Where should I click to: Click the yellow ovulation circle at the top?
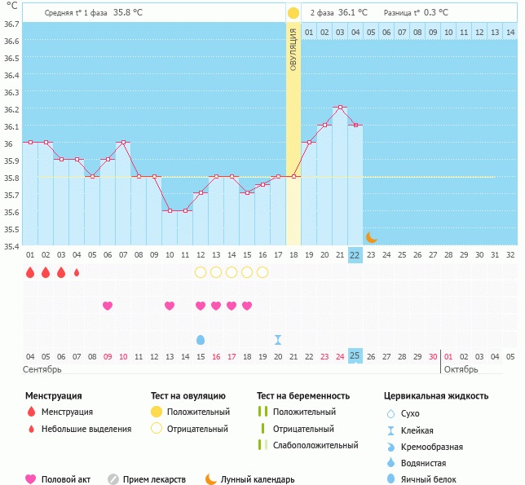coord(293,13)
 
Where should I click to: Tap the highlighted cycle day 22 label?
coord(355,254)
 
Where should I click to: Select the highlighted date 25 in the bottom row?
coord(355,355)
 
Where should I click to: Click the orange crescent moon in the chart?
coord(371,236)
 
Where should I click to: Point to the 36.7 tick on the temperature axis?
coord(11,24)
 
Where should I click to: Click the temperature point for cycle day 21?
coord(340,108)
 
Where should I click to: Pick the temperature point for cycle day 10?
coord(170,210)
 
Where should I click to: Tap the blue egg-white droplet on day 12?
coord(201,339)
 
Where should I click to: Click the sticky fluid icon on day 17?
coord(278,339)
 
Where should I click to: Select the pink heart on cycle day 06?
coord(108,306)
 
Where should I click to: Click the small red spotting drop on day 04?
coord(77,272)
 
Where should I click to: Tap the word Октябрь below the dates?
coord(462,369)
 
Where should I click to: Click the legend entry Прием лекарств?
coord(154,479)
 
